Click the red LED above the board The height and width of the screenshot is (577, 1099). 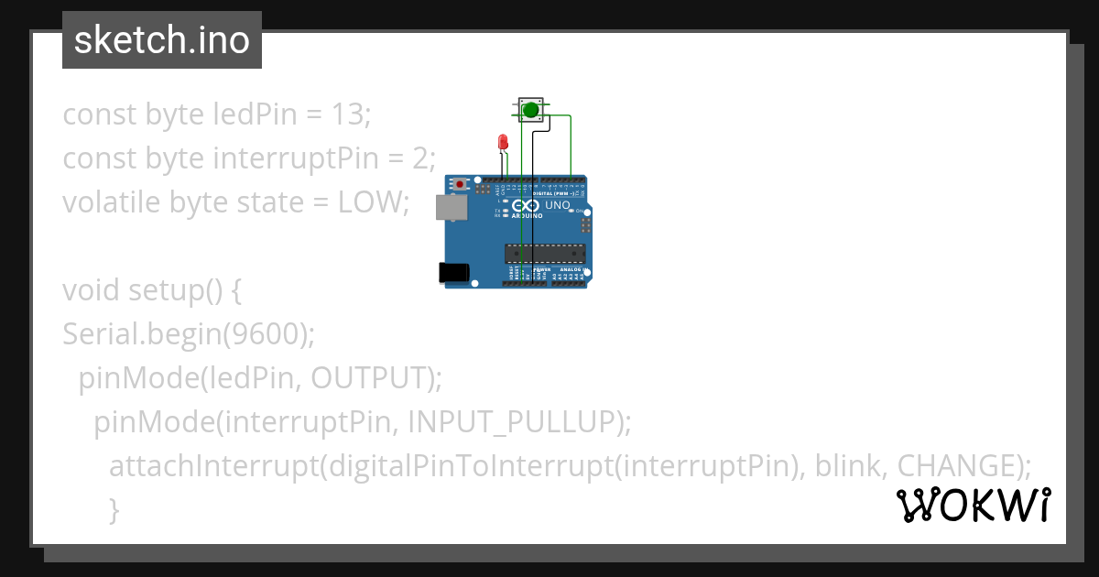[x=502, y=141]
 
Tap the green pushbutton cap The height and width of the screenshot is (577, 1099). [x=530, y=111]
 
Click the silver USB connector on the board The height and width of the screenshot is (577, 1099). [x=450, y=207]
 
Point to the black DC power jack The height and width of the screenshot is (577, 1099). [x=453, y=272]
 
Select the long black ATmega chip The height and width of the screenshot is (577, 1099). [x=545, y=253]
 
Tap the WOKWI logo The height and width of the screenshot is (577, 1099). [x=974, y=505]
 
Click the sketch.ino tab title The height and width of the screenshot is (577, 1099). [x=162, y=40]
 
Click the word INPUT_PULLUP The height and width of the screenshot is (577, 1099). [x=508, y=422]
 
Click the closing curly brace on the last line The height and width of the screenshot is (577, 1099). [x=114, y=509]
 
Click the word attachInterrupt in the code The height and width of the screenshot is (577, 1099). [x=212, y=466]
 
